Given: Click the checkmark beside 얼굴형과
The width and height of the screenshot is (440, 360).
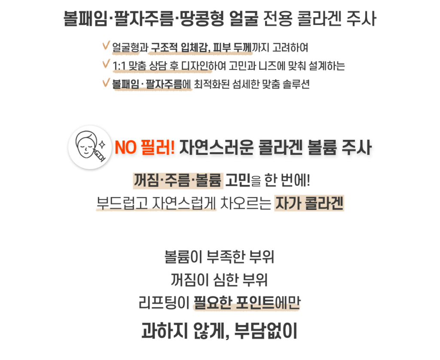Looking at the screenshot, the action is pos(106,45).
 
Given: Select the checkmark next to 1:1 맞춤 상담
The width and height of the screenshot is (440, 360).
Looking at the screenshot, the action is pos(106,64).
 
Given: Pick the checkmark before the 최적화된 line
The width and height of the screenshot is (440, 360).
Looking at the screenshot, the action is pos(106,82).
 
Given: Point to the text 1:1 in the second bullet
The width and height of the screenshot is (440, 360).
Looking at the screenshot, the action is pos(119,66).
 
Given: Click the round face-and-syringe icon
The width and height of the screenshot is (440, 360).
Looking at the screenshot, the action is pos(90,147).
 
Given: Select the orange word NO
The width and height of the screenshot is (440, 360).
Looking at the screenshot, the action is pos(126,148).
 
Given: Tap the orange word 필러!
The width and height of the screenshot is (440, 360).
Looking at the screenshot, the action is pos(158,147).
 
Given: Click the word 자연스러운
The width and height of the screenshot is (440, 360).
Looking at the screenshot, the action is pos(217,147).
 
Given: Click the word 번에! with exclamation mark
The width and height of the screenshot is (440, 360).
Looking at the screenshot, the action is pos(295,180).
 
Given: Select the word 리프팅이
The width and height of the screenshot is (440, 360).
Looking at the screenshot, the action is pos(164,303).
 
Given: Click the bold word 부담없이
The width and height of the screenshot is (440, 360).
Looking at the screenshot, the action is pos(266,330).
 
